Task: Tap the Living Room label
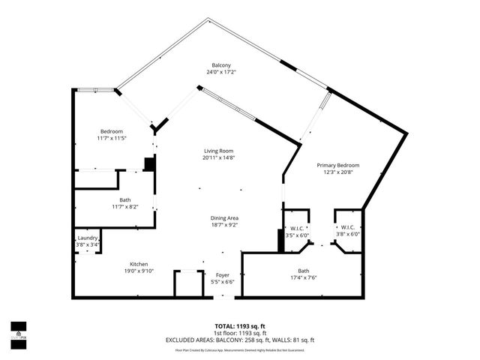[x=218, y=150]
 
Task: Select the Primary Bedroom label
[x=337, y=165]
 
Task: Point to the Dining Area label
[x=223, y=218]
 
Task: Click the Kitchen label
[x=138, y=264]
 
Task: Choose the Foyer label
[x=223, y=275]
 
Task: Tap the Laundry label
[x=87, y=238]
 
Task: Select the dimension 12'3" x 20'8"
[x=337, y=172]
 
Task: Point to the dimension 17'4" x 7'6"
[x=303, y=278]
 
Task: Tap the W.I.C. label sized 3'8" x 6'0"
[x=347, y=227]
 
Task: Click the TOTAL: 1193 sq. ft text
[x=240, y=326]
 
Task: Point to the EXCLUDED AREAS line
[x=240, y=340]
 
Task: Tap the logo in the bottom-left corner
[x=17, y=331]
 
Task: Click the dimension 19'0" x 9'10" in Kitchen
[x=138, y=271]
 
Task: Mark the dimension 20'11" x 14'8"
[x=218, y=157]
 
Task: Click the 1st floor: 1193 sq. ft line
[x=240, y=333]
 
